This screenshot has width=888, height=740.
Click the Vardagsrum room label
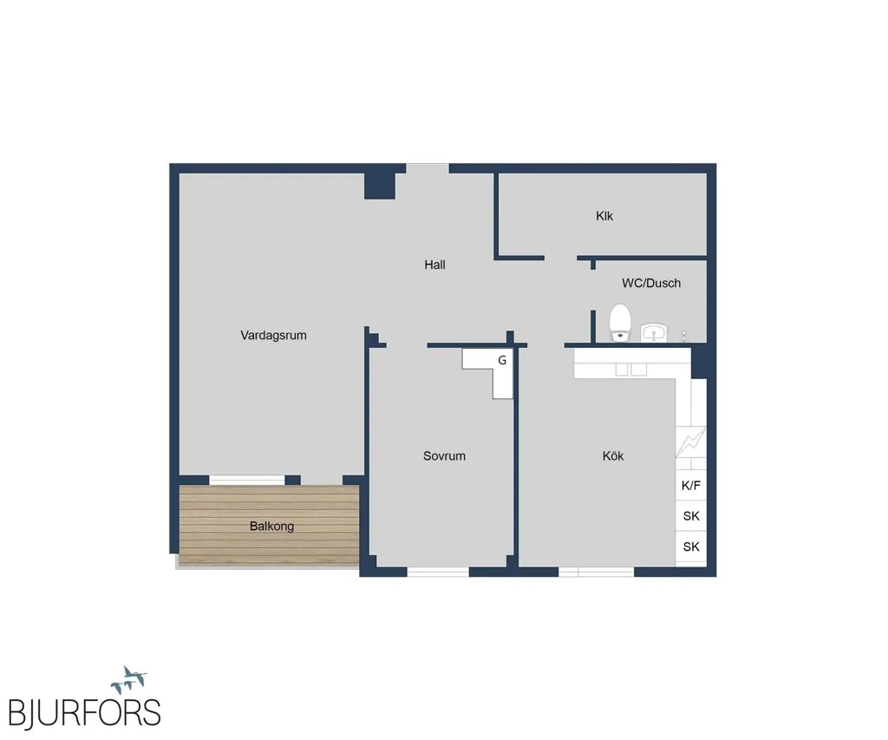pos(273,336)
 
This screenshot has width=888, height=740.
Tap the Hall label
pos(435,265)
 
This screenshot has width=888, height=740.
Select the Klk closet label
pos(604,216)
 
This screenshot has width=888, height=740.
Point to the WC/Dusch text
pos(651,284)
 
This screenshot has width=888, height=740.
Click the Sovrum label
pos(444,456)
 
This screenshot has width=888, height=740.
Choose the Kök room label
pos(613,456)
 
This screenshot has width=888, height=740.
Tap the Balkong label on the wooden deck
pos(271,527)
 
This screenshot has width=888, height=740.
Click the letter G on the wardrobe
pos(502,360)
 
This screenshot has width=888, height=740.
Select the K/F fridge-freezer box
pos(691,485)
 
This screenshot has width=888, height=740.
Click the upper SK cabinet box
pos(691,515)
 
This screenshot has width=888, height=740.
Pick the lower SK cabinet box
pos(691,547)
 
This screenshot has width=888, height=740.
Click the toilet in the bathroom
pos(620,323)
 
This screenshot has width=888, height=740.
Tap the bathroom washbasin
pos(655,332)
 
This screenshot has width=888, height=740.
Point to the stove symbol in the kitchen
pos(691,442)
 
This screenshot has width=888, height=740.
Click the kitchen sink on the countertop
pos(631,370)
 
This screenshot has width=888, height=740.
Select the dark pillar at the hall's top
pos(380,186)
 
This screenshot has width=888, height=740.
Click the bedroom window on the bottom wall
pos(438,572)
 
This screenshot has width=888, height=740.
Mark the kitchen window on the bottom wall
pos(597,572)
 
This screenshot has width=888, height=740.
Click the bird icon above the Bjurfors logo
pos(129,679)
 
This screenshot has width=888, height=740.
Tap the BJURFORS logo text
pos(85,713)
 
